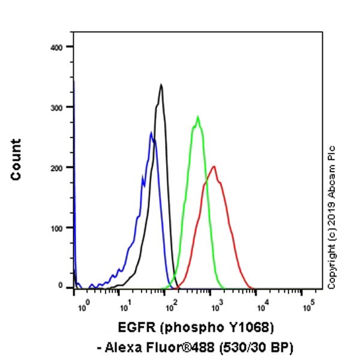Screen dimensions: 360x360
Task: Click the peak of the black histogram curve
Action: click(161, 85)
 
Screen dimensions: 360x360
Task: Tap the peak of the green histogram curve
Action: click(197, 116)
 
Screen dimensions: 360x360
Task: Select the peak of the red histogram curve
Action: click(213, 166)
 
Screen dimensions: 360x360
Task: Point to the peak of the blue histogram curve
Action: click(151, 133)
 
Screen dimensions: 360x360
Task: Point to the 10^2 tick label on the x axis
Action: click(172, 308)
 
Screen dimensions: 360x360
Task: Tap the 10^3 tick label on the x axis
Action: click(218, 308)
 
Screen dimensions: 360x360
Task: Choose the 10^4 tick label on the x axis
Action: click(263, 308)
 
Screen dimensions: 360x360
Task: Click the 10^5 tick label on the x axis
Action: click(308, 308)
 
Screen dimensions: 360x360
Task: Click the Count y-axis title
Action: click(16, 159)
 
